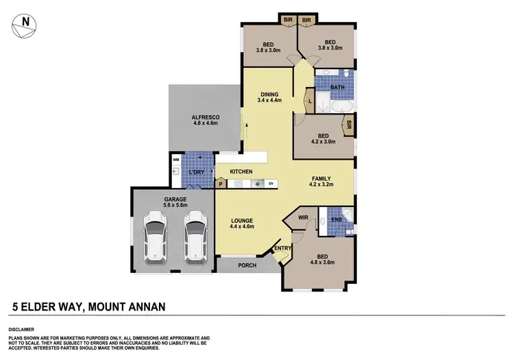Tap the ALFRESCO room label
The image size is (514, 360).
pyautogui.click(x=204, y=121)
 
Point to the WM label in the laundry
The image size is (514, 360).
pyautogui.click(x=175, y=159)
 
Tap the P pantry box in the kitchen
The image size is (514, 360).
pyautogui.click(x=221, y=184)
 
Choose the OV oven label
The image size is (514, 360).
pyautogui.click(x=271, y=183)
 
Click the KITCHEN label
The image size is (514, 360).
pyautogui.click(x=241, y=171)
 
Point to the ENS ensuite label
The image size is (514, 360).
pyautogui.click(x=336, y=220)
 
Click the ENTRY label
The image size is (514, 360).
pyautogui.click(x=282, y=248)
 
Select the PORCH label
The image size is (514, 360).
pyautogui.click(x=247, y=265)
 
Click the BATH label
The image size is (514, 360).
pyautogui.click(x=336, y=88)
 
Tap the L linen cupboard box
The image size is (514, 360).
pyautogui.click(x=310, y=102)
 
